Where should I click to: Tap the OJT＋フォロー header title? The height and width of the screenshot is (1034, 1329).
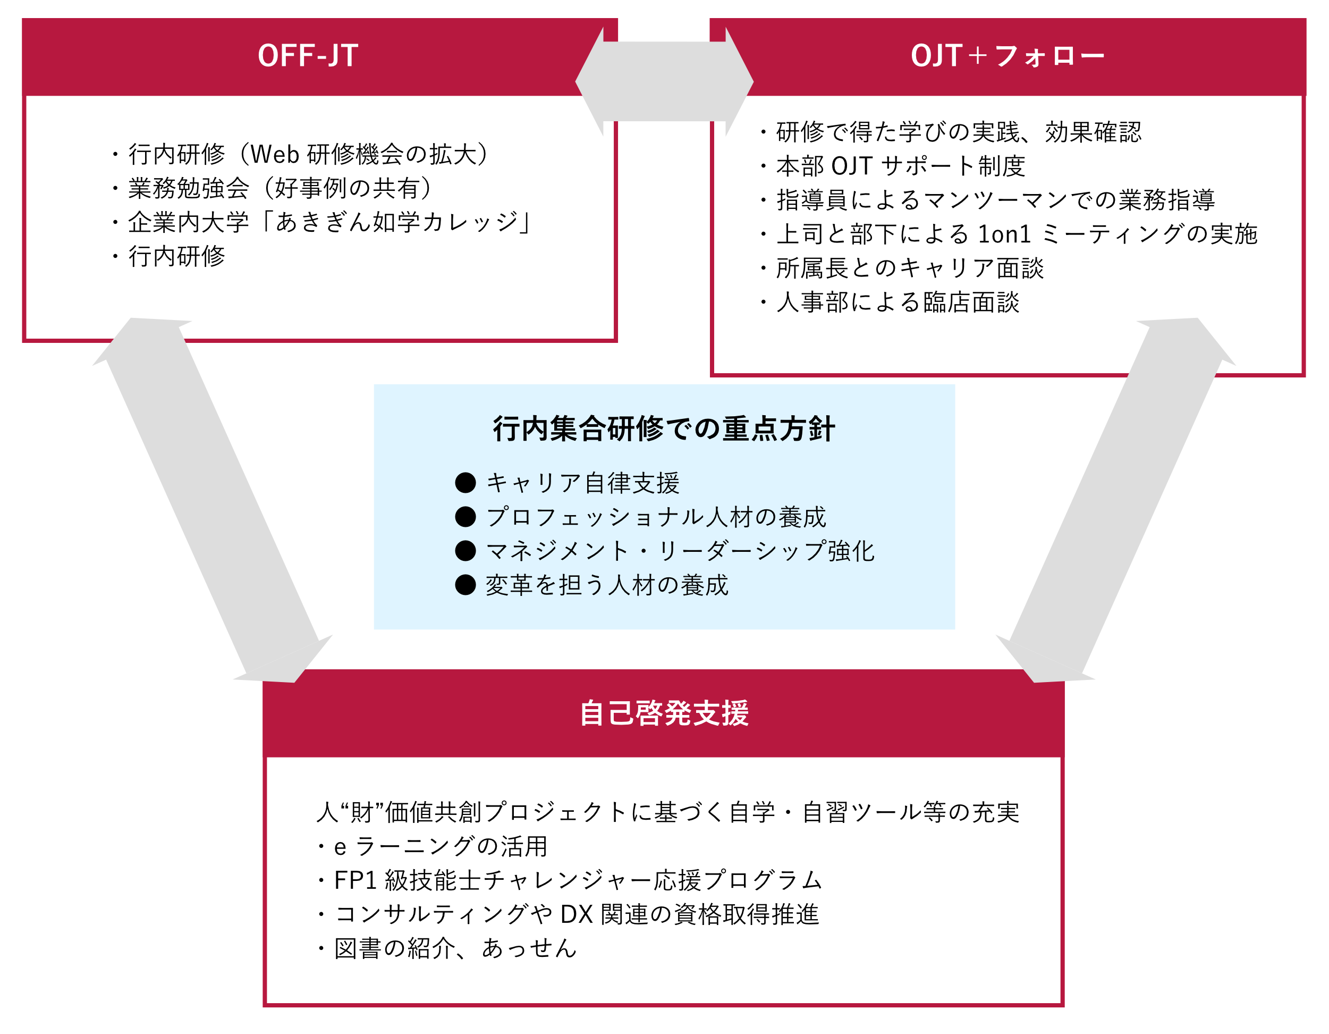[1007, 55]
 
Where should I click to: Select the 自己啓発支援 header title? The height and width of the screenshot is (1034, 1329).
[664, 713]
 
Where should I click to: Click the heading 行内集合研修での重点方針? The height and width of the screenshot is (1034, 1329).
[664, 428]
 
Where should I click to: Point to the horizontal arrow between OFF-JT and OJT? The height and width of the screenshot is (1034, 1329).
[664, 81]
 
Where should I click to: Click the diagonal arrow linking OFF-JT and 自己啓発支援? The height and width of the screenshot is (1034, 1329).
[213, 500]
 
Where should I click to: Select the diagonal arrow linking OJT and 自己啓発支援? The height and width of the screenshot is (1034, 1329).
[1116, 500]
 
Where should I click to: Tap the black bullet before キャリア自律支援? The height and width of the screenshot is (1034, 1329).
[465, 483]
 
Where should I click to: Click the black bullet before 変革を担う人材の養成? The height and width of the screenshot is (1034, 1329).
[465, 585]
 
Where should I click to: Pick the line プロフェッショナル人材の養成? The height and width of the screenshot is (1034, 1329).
[656, 517]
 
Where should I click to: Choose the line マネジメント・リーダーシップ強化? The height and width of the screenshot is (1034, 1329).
[680, 551]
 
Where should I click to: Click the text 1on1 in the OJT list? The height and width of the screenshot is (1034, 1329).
[1004, 234]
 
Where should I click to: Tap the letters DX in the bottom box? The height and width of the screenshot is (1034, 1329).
[575, 914]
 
